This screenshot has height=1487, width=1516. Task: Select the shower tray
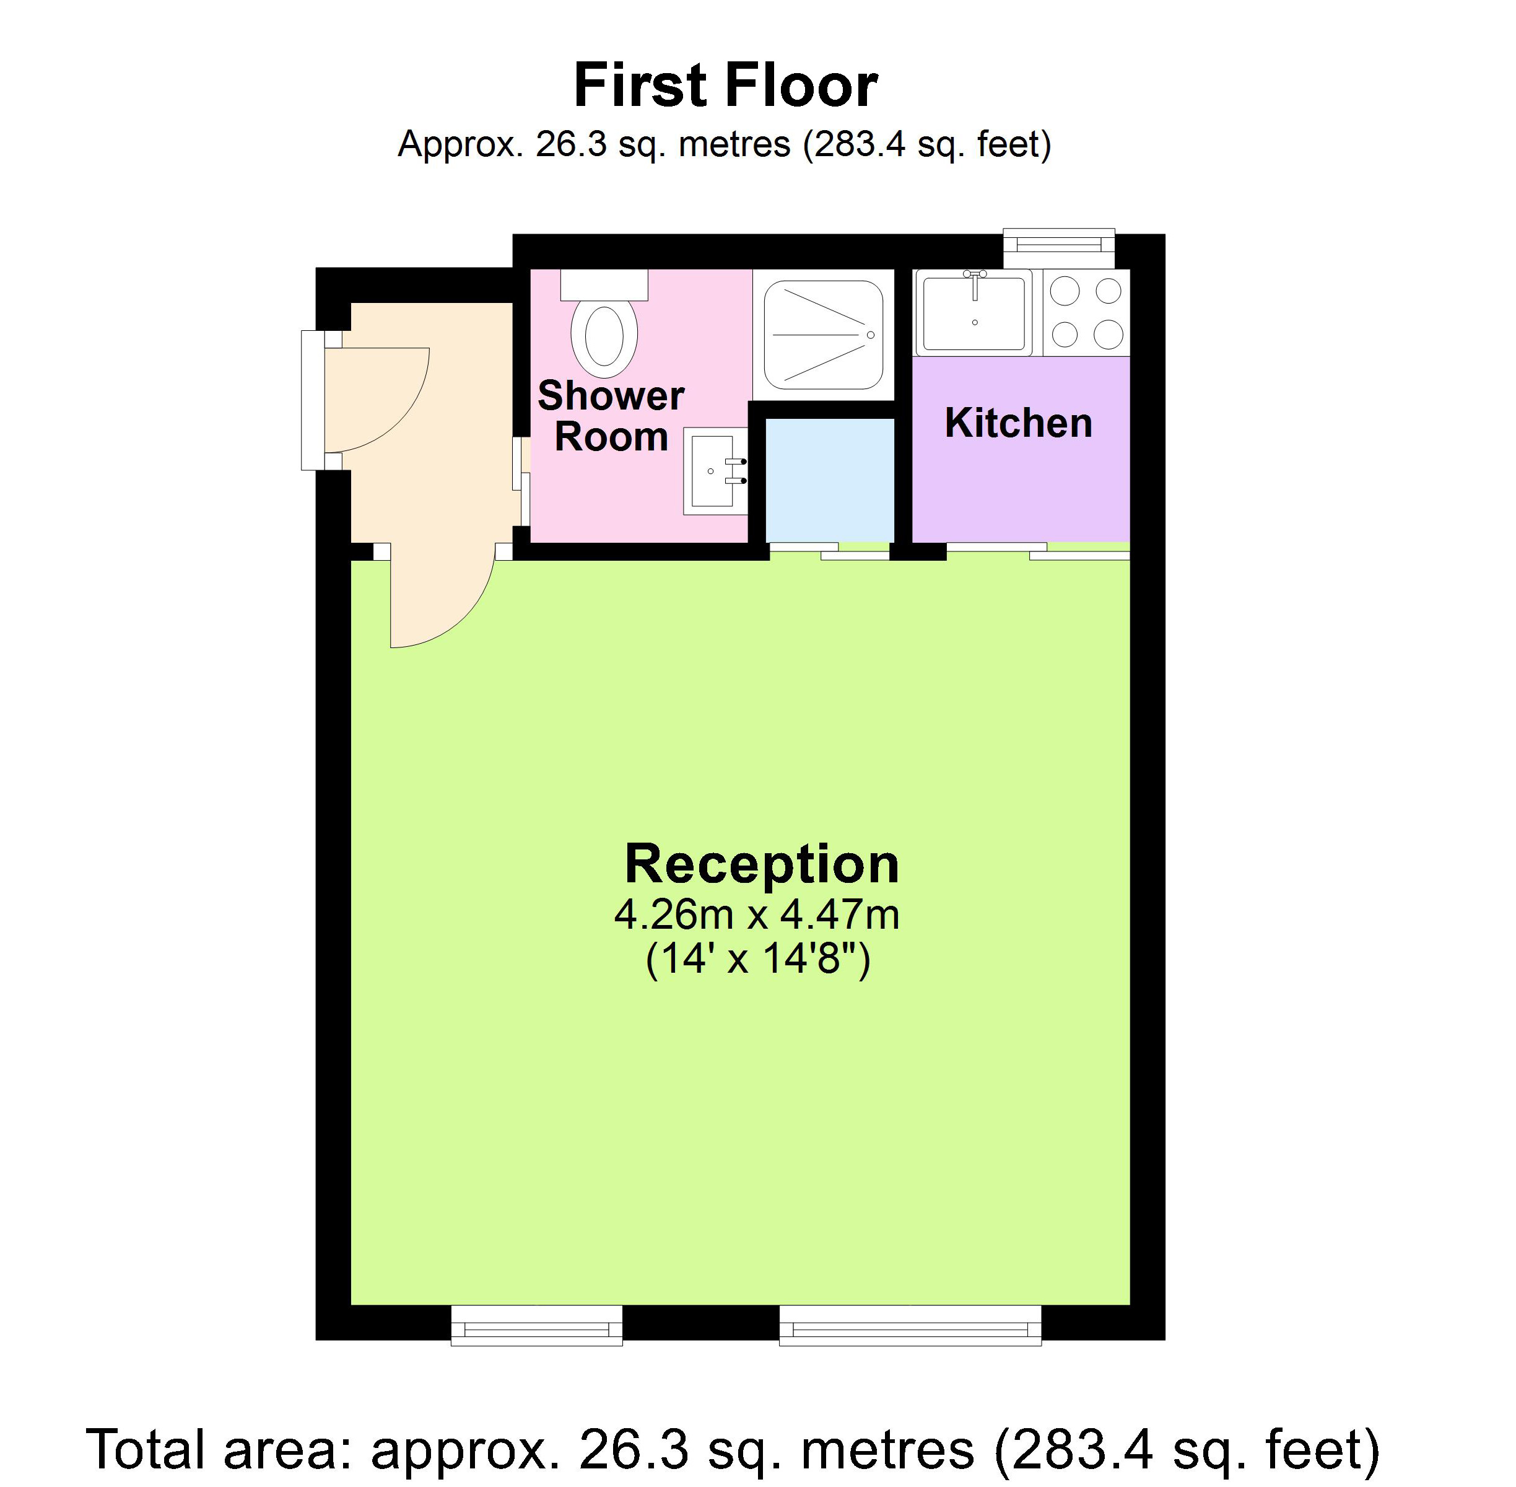(823, 334)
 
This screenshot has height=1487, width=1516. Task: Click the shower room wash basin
(714, 471)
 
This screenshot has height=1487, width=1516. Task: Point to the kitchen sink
(974, 312)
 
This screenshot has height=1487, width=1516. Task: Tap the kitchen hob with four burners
(1086, 312)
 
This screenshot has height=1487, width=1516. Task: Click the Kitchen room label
(1018, 423)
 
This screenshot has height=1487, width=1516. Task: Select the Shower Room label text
(611, 416)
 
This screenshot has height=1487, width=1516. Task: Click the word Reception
(761, 864)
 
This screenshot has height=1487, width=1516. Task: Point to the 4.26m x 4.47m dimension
(756, 914)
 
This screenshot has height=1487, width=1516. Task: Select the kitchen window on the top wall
(1058, 245)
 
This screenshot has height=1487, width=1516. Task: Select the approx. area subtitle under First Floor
(725, 144)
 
